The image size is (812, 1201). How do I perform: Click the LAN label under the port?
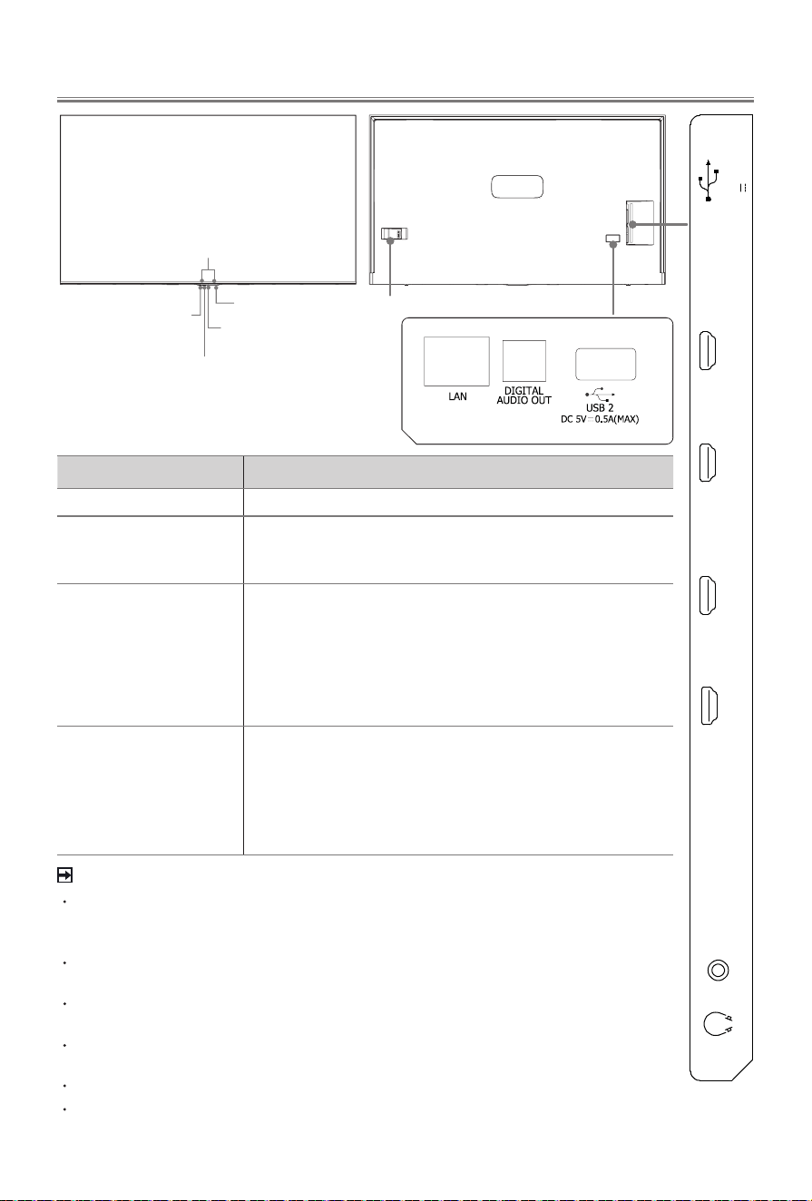(457, 396)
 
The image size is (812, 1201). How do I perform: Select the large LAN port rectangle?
(456, 361)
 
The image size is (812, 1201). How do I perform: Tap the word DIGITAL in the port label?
(523, 391)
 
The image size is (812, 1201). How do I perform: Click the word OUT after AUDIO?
(539, 400)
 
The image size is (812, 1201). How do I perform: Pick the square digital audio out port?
(524, 361)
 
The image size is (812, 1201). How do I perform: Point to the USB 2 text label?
(600, 408)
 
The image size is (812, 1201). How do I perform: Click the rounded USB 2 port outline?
(605, 365)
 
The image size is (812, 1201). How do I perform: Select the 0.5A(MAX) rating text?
(617, 419)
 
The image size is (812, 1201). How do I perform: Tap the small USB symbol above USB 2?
(600, 394)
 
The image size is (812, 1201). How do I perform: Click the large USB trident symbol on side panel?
(709, 181)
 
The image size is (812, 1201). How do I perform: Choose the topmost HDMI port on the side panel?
(708, 351)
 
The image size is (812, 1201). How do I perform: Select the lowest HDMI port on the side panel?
(709, 706)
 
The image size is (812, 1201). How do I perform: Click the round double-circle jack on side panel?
(719, 971)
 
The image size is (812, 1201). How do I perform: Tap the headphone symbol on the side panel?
(718, 1024)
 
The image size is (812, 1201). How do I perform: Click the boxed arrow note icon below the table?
(64, 875)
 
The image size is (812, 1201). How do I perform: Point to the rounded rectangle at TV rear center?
(517, 187)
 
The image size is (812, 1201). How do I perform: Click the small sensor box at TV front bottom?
(208, 275)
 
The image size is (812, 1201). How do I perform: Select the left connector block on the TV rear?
(394, 234)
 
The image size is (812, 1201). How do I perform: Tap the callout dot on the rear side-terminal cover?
(632, 224)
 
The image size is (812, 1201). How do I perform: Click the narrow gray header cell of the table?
(150, 472)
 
